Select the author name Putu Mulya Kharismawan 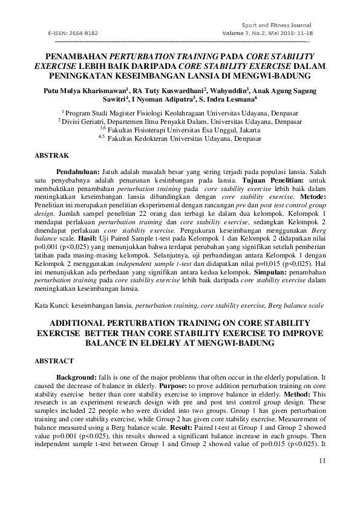85,91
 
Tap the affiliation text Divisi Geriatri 82,122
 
